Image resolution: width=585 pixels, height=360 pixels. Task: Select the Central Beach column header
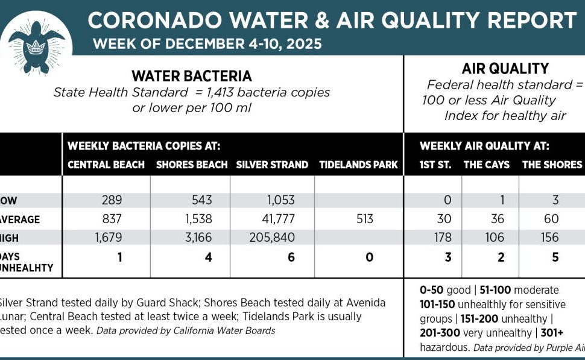[x=106, y=165]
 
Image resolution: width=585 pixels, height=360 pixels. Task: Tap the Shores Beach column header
[x=192, y=165]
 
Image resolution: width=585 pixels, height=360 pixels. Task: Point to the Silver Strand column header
[x=272, y=165]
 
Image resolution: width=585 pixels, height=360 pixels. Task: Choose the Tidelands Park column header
[x=358, y=165]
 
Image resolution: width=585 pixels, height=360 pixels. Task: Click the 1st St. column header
[x=435, y=165]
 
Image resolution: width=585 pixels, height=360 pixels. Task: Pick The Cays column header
[x=486, y=165]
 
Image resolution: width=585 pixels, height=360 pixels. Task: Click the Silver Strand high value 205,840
[x=272, y=238]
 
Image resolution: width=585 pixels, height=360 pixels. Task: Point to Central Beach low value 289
[x=112, y=200]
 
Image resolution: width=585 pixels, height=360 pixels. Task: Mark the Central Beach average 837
[x=112, y=219]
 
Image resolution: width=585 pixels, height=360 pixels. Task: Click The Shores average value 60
[x=551, y=219]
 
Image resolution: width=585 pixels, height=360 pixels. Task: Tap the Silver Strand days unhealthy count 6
[x=292, y=257]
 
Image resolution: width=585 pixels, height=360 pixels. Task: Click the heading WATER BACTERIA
[x=191, y=77]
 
